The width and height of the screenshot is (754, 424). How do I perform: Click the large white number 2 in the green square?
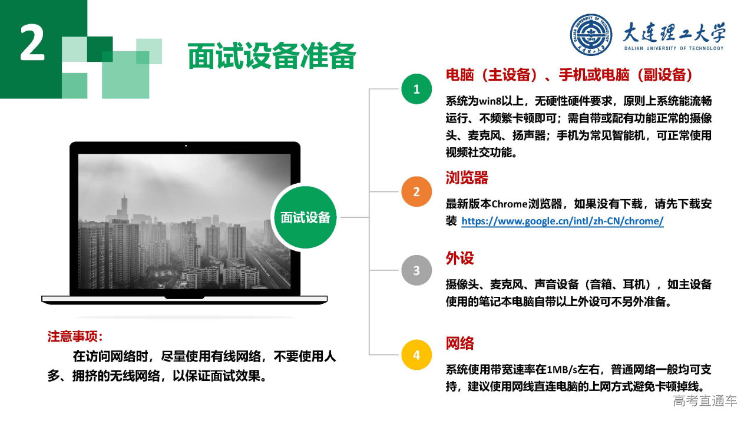click(x=32, y=43)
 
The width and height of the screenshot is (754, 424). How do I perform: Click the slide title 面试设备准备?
click(x=272, y=56)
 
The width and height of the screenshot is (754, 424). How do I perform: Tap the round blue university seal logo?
click(x=591, y=35)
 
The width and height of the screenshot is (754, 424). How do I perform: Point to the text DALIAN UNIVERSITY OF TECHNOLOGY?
click(x=674, y=48)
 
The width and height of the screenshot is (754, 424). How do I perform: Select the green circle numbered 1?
click(x=416, y=89)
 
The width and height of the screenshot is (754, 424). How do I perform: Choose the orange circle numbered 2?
click(x=416, y=191)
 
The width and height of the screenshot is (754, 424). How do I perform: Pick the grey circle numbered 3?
click(x=416, y=270)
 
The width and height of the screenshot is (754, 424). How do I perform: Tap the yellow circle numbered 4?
click(x=416, y=355)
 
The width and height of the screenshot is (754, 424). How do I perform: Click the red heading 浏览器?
click(x=467, y=178)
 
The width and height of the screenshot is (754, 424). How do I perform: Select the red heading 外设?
click(x=460, y=259)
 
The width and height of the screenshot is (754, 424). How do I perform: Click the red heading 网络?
click(x=460, y=343)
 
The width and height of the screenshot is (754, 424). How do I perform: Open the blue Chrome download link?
click(x=563, y=221)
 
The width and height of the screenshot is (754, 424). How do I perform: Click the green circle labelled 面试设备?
click(x=305, y=217)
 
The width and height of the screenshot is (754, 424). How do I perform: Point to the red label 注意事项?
click(x=75, y=336)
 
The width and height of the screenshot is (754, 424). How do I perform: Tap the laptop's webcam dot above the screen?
click(x=186, y=145)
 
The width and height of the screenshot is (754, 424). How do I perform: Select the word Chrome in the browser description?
click(x=510, y=204)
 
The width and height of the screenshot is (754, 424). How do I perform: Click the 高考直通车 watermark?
click(x=705, y=401)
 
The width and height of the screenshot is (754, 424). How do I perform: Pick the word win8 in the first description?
click(x=490, y=101)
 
